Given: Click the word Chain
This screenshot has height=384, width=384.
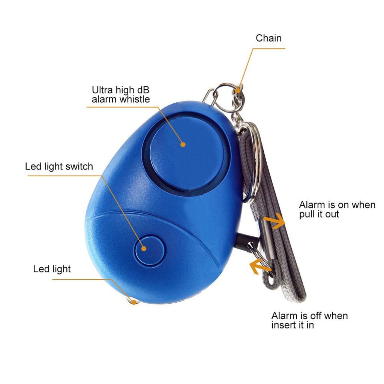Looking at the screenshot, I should (x=268, y=38).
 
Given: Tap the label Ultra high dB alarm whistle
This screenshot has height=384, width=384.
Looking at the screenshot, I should (x=121, y=94).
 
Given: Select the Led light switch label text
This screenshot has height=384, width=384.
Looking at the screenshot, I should (x=59, y=166).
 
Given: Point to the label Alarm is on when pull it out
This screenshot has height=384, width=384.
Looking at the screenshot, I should (x=337, y=210).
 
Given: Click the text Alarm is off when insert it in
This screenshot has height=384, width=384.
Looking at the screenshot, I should (x=309, y=320).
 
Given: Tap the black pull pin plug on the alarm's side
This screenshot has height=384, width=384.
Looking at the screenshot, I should (x=247, y=240).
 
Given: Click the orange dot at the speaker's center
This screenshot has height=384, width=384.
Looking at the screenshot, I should (x=183, y=144).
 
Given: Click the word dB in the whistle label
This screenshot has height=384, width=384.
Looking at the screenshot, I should (x=142, y=90).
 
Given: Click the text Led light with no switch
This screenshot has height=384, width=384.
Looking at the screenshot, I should (x=52, y=268).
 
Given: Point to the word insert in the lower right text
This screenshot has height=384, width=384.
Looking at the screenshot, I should (x=284, y=325).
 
